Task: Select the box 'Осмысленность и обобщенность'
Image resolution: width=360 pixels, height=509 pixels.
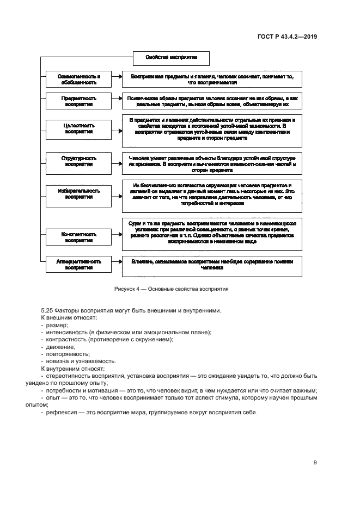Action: point(79,79)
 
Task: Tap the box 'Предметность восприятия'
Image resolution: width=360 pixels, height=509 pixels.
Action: point(79,102)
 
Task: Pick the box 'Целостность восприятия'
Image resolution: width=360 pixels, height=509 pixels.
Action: point(79,128)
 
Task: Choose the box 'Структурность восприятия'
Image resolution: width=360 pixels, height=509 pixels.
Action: point(79,161)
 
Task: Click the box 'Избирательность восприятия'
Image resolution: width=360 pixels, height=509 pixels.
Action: point(79,194)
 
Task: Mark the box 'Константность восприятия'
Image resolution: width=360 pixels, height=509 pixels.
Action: point(79,236)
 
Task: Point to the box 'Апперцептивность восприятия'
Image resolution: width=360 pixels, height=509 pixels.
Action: point(79,265)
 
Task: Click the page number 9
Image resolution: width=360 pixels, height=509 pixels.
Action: point(315,463)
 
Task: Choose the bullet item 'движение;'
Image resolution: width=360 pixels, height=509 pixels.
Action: point(60,346)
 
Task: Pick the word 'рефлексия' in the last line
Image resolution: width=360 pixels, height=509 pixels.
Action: point(62,412)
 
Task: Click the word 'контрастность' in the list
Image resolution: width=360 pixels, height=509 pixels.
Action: point(66,339)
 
